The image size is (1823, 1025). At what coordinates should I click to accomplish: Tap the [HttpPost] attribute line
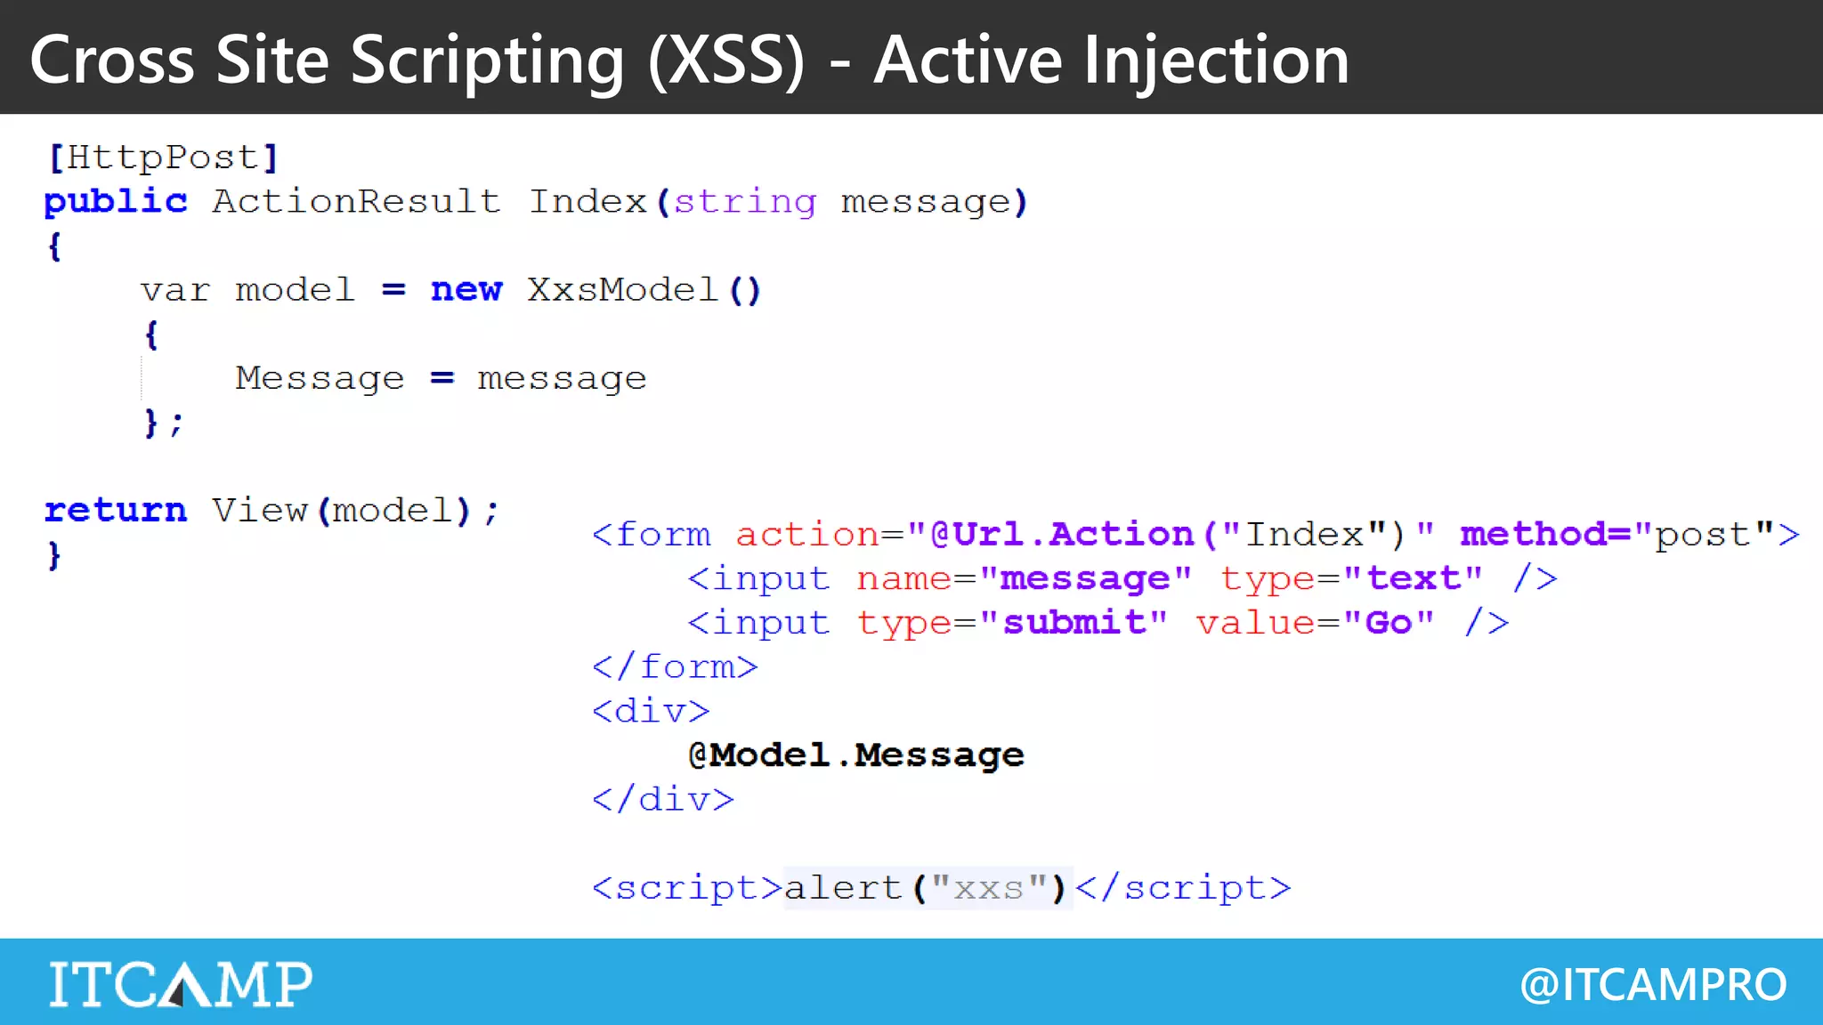(x=163, y=157)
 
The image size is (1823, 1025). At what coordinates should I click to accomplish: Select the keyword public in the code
(x=116, y=201)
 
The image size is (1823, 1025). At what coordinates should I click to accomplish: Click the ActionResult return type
(x=356, y=201)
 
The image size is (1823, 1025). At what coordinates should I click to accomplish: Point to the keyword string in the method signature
(x=744, y=202)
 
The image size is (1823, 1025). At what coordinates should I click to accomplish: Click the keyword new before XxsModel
(x=466, y=290)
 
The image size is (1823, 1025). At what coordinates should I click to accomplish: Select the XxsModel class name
(x=622, y=290)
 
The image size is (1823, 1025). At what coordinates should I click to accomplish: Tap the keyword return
(x=116, y=510)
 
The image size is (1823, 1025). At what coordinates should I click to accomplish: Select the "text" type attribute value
(x=1413, y=578)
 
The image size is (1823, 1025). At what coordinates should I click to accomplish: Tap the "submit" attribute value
(x=1074, y=622)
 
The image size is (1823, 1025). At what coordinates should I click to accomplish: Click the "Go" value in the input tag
(x=1389, y=622)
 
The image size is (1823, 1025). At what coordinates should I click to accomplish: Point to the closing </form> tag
(x=675, y=666)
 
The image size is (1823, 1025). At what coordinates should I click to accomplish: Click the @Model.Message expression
(x=855, y=755)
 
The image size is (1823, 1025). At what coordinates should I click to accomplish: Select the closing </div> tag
(x=663, y=799)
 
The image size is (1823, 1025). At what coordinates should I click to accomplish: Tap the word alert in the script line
(x=842, y=888)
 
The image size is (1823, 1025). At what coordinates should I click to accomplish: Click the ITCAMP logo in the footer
(x=181, y=984)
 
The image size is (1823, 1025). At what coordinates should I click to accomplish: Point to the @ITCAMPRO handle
(x=1653, y=985)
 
